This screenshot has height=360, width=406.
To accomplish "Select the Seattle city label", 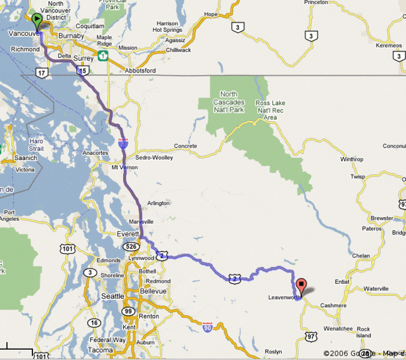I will tap(113, 296).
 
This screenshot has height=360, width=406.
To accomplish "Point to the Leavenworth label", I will tap(283, 298).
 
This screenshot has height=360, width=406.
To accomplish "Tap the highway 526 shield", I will tap(132, 246).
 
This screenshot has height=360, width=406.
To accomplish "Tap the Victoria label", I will tap(25, 170).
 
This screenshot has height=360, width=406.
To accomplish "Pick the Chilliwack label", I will tap(178, 50).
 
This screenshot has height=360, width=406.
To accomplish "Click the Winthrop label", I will tap(352, 160).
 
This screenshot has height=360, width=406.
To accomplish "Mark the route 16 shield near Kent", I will tap(94, 323).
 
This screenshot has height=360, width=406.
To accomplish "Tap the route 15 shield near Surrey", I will tap(81, 71).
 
